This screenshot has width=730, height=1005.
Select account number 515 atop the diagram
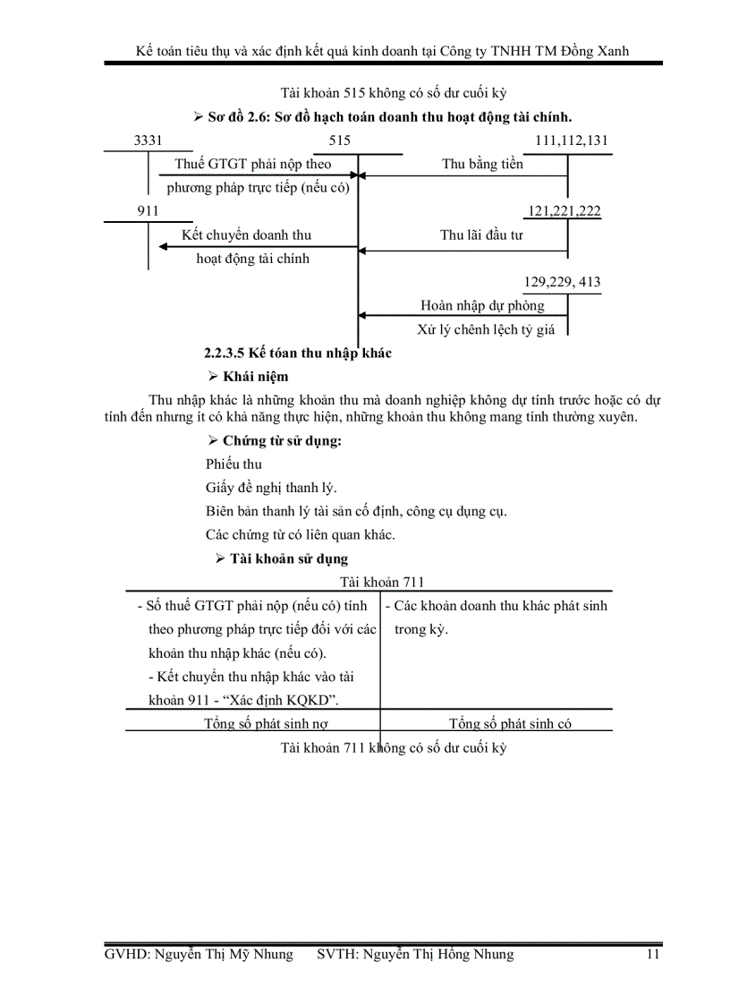point(340,141)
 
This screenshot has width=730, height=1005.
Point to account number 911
point(148,211)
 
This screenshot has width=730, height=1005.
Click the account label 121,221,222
point(564,211)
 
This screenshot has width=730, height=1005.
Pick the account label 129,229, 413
point(562,282)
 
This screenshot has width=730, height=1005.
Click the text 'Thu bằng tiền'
point(482,164)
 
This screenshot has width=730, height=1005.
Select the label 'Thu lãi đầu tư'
point(481,235)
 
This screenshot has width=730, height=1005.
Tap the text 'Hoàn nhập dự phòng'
point(482,305)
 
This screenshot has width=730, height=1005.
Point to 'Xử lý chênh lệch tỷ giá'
point(486,329)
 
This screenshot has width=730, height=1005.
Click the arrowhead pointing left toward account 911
point(165,247)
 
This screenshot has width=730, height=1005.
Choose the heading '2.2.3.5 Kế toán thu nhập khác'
point(298,353)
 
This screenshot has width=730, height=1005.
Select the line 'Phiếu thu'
point(233,464)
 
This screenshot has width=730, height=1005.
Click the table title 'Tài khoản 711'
point(369,582)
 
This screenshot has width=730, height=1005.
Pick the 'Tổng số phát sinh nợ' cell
point(259,723)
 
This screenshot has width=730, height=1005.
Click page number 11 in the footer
point(653,954)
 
